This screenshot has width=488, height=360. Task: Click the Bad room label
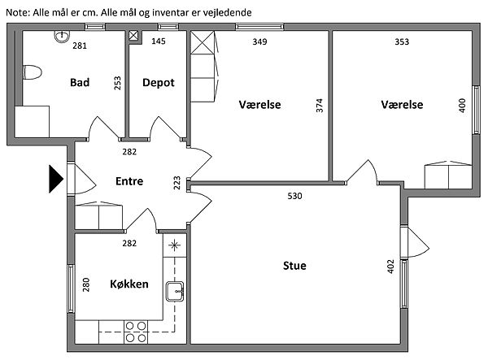(80, 82)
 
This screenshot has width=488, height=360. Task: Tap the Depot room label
(159, 83)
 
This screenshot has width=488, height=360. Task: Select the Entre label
(129, 181)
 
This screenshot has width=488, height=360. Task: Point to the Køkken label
(129, 284)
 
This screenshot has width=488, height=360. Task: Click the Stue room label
(294, 266)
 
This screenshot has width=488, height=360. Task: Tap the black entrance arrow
(56, 179)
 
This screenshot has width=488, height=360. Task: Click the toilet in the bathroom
(32, 72)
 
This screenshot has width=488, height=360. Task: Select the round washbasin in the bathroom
(62, 37)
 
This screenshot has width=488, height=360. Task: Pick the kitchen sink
(175, 291)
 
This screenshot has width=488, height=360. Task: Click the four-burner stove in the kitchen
(136, 332)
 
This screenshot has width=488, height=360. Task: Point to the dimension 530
(294, 196)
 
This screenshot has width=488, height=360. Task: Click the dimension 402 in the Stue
(390, 267)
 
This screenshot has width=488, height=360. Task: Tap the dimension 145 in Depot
(159, 41)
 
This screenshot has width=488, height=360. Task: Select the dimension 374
(320, 106)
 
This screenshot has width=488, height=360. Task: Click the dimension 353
(402, 41)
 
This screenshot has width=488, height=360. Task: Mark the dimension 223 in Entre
(176, 183)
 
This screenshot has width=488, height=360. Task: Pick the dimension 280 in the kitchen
(86, 284)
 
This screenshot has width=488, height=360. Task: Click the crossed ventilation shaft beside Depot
(133, 36)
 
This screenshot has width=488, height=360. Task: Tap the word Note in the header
(17, 13)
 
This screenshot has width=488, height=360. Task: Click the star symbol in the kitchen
(174, 245)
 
